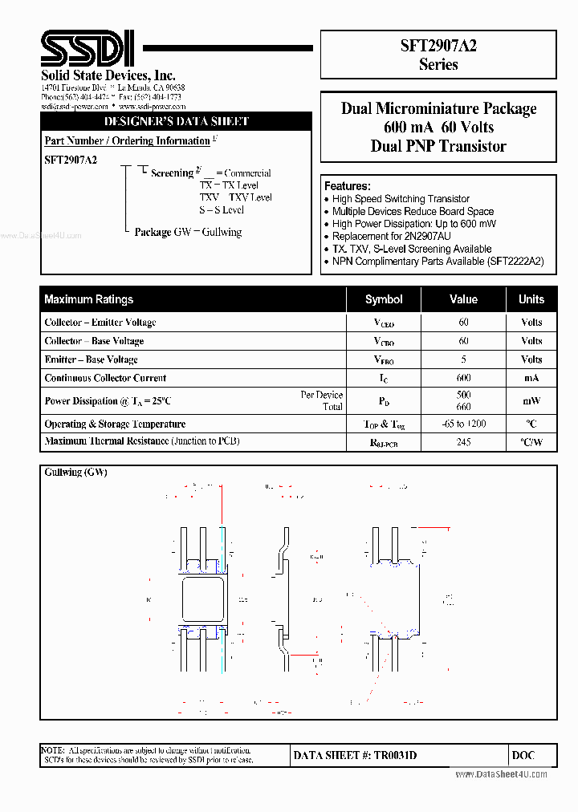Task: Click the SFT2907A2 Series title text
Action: pos(438,55)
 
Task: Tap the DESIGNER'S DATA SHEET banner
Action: pos(177,122)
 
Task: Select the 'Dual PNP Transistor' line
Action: pos(438,146)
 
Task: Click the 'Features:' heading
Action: pos(347,185)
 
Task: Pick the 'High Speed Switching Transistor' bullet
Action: pos(401,199)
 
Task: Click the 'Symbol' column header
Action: pos(384,299)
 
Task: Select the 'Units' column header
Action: pos(531,299)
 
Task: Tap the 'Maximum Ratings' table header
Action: pos(89,299)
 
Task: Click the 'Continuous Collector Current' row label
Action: pos(105,378)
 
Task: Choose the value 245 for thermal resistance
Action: pos(463,441)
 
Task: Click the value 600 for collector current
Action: pos(463,378)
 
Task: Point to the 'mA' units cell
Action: pos(531,378)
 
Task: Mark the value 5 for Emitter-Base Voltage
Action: pos(463,359)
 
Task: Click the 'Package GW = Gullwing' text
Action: pos(188,232)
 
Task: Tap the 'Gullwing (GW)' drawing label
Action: pos(75,473)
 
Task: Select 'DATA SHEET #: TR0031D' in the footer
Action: pos(355,755)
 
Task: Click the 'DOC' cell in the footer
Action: pos(523,755)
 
